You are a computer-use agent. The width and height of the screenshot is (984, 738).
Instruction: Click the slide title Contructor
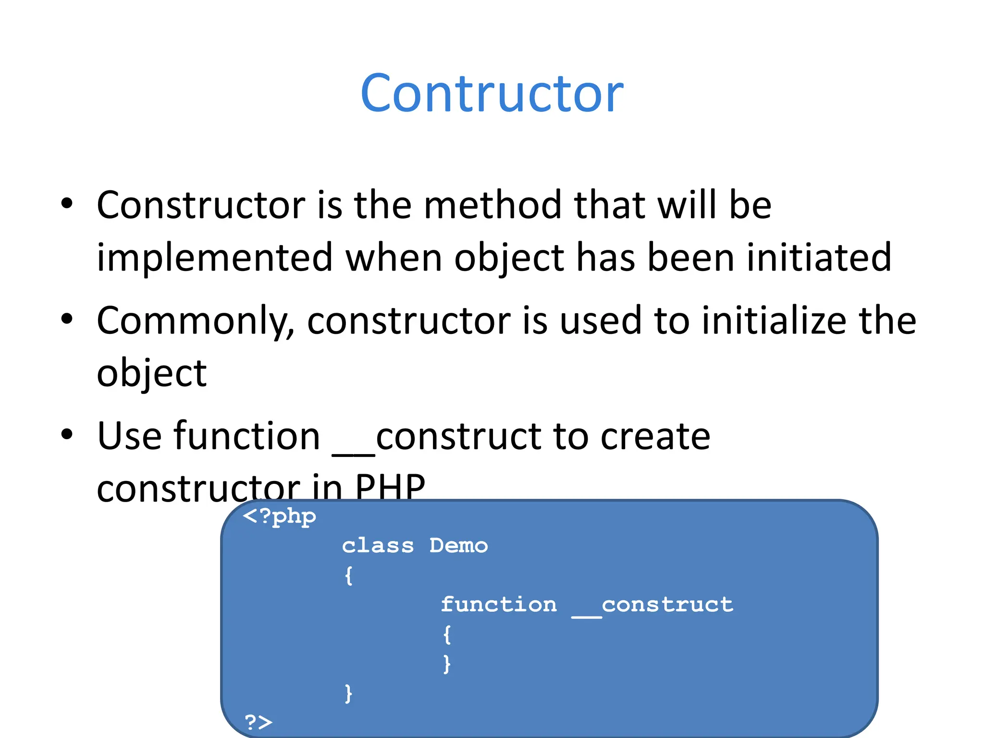pyautogui.click(x=492, y=93)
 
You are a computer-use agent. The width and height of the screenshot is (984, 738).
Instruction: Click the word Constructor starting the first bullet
pyautogui.click(x=201, y=205)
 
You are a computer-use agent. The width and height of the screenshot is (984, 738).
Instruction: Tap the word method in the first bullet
pyautogui.click(x=492, y=205)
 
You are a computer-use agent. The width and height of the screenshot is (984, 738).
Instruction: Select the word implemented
pyautogui.click(x=215, y=258)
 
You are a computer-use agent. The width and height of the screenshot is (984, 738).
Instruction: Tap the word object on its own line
pyautogui.click(x=151, y=374)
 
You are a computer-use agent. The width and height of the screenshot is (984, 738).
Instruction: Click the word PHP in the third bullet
pyautogui.click(x=390, y=487)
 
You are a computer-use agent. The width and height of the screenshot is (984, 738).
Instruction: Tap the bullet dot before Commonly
pyautogui.click(x=67, y=319)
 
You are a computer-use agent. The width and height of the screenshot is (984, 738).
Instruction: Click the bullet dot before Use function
pyautogui.click(x=67, y=434)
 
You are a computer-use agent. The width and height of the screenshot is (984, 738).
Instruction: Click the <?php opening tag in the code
pyautogui.click(x=280, y=517)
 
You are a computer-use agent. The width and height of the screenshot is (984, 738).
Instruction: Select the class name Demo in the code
pyautogui.click(x=458, y=546)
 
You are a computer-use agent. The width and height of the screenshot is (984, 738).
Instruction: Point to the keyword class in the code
pyautogui.click(x=378, y=546)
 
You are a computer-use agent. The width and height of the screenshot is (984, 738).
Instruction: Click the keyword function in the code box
pyautogui.click(x=499, y=604)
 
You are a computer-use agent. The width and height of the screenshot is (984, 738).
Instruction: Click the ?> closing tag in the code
pyautogui.click(x=258, y=722)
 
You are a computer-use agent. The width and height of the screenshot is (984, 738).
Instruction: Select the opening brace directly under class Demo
pyautogui.click(x=349, y=575)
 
